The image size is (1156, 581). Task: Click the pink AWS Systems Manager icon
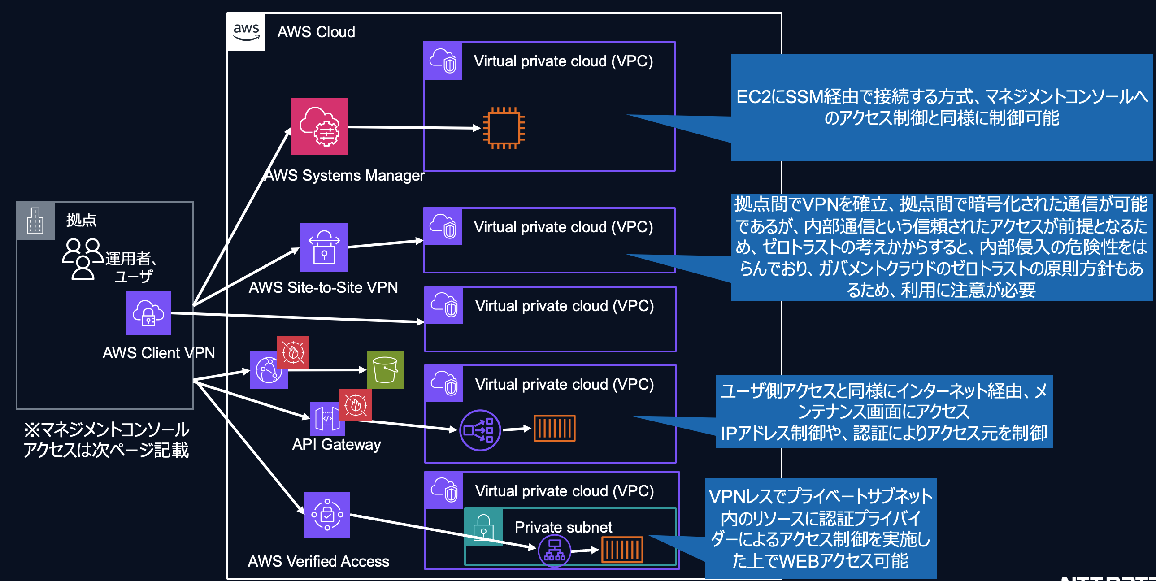point(319,126)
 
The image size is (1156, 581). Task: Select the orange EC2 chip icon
point(504,128)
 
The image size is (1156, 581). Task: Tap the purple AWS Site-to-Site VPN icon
point(324,247)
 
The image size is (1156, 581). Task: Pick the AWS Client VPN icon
point(148,313)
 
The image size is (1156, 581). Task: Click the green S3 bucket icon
point(385,370)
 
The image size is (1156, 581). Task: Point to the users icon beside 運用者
point(83,259)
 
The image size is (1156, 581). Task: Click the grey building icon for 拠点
point(35,220)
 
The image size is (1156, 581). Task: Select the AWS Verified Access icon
point(327,515)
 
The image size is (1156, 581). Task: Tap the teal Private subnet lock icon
point(483,527)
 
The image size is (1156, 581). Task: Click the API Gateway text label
point(336,444)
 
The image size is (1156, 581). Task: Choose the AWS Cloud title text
point(316,32)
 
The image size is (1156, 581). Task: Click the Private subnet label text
point(563,527)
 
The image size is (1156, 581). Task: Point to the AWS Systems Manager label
point(344,175)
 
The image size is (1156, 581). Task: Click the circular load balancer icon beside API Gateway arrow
point(480,430)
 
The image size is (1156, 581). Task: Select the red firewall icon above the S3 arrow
point(293,352)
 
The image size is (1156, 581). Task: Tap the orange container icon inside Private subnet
point(622,550)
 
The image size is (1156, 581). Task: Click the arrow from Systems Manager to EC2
point(413,127)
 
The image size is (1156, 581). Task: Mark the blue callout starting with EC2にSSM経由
point(942,107)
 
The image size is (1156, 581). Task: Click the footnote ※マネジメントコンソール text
point(106,440)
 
